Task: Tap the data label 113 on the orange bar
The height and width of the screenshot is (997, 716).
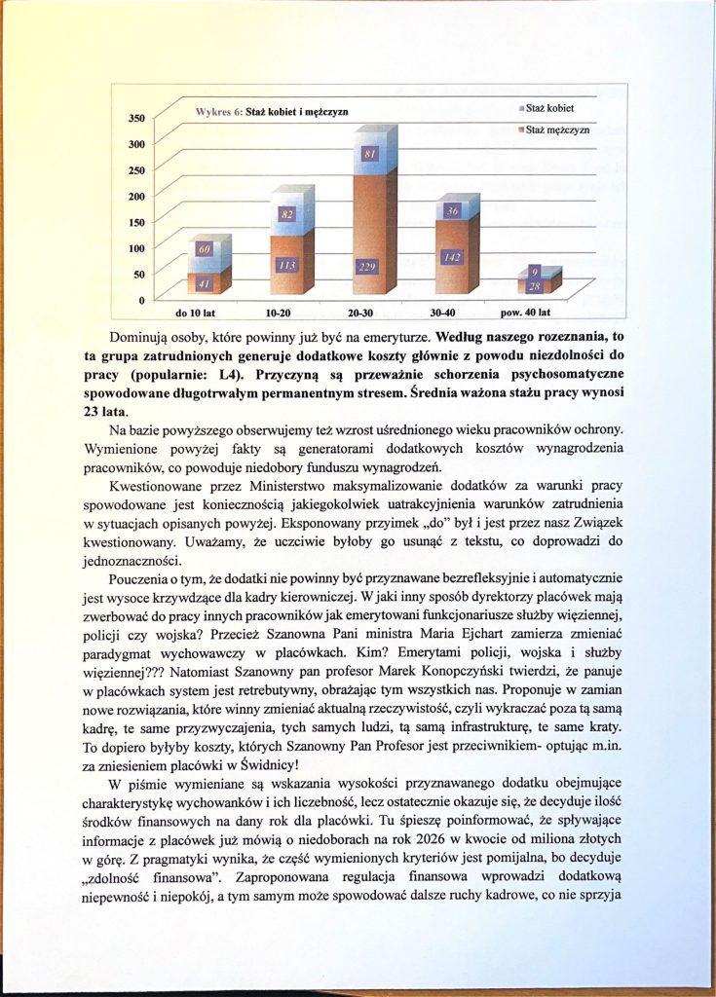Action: [285, 264]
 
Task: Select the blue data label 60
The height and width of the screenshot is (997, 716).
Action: [205, 251]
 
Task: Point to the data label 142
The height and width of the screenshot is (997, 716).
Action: [451, 257]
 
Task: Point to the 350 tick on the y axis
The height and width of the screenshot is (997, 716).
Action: [135, 119]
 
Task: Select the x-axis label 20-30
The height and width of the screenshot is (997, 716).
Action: [361, 314]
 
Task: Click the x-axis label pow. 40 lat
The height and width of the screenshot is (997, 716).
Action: [526, 314]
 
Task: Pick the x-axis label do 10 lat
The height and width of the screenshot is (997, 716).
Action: [195, 314]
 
